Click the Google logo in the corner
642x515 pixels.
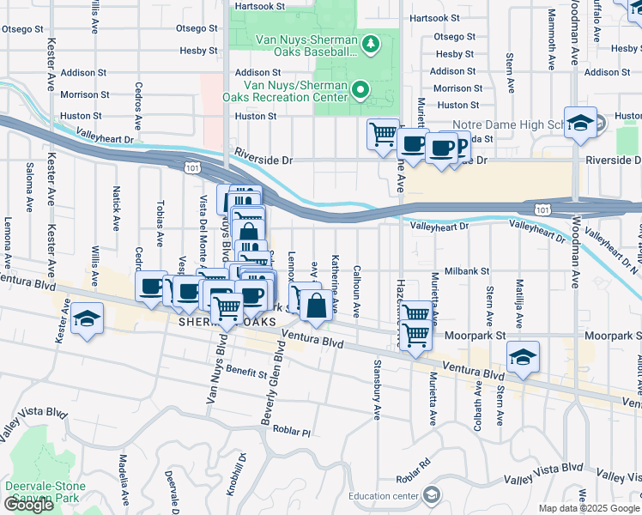click(28, 504)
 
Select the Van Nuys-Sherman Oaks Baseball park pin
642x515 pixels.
click(371, 43)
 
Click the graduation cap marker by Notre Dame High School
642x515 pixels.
click(580, 124)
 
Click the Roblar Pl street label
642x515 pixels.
click(292, 430)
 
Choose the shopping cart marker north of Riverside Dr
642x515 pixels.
click(382, 134)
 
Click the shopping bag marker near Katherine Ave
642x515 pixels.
click(316, 306)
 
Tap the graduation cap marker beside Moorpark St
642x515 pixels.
click(522, 356)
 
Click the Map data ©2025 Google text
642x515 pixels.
click(588, 508)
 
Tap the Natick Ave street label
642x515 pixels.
click(115, 211)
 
